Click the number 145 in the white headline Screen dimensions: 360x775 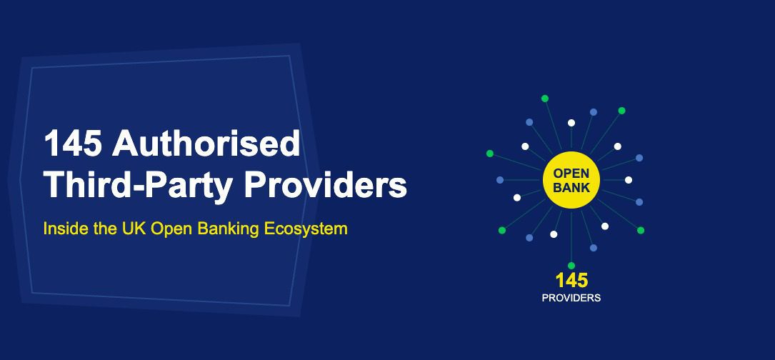coord(71,144)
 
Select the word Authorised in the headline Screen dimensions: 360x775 coord(206,144)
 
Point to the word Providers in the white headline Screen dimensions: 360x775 coord(326,184)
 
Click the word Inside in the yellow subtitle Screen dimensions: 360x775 coord(62,229)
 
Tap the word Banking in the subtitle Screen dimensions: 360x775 coord(223,229)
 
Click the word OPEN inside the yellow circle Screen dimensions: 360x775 coord(571,173)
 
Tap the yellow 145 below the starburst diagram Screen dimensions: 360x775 coord(571,281)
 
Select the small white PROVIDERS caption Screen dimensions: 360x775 coord(571,298)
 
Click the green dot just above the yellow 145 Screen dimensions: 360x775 coord(571,266)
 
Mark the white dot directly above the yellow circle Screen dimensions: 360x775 coord(571,123)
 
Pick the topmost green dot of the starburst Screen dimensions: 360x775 coord(545,98)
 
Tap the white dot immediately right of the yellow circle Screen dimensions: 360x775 coord(629,180)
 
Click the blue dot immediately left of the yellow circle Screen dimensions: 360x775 coord(500,180)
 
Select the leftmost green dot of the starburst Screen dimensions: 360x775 coord(489,154)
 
